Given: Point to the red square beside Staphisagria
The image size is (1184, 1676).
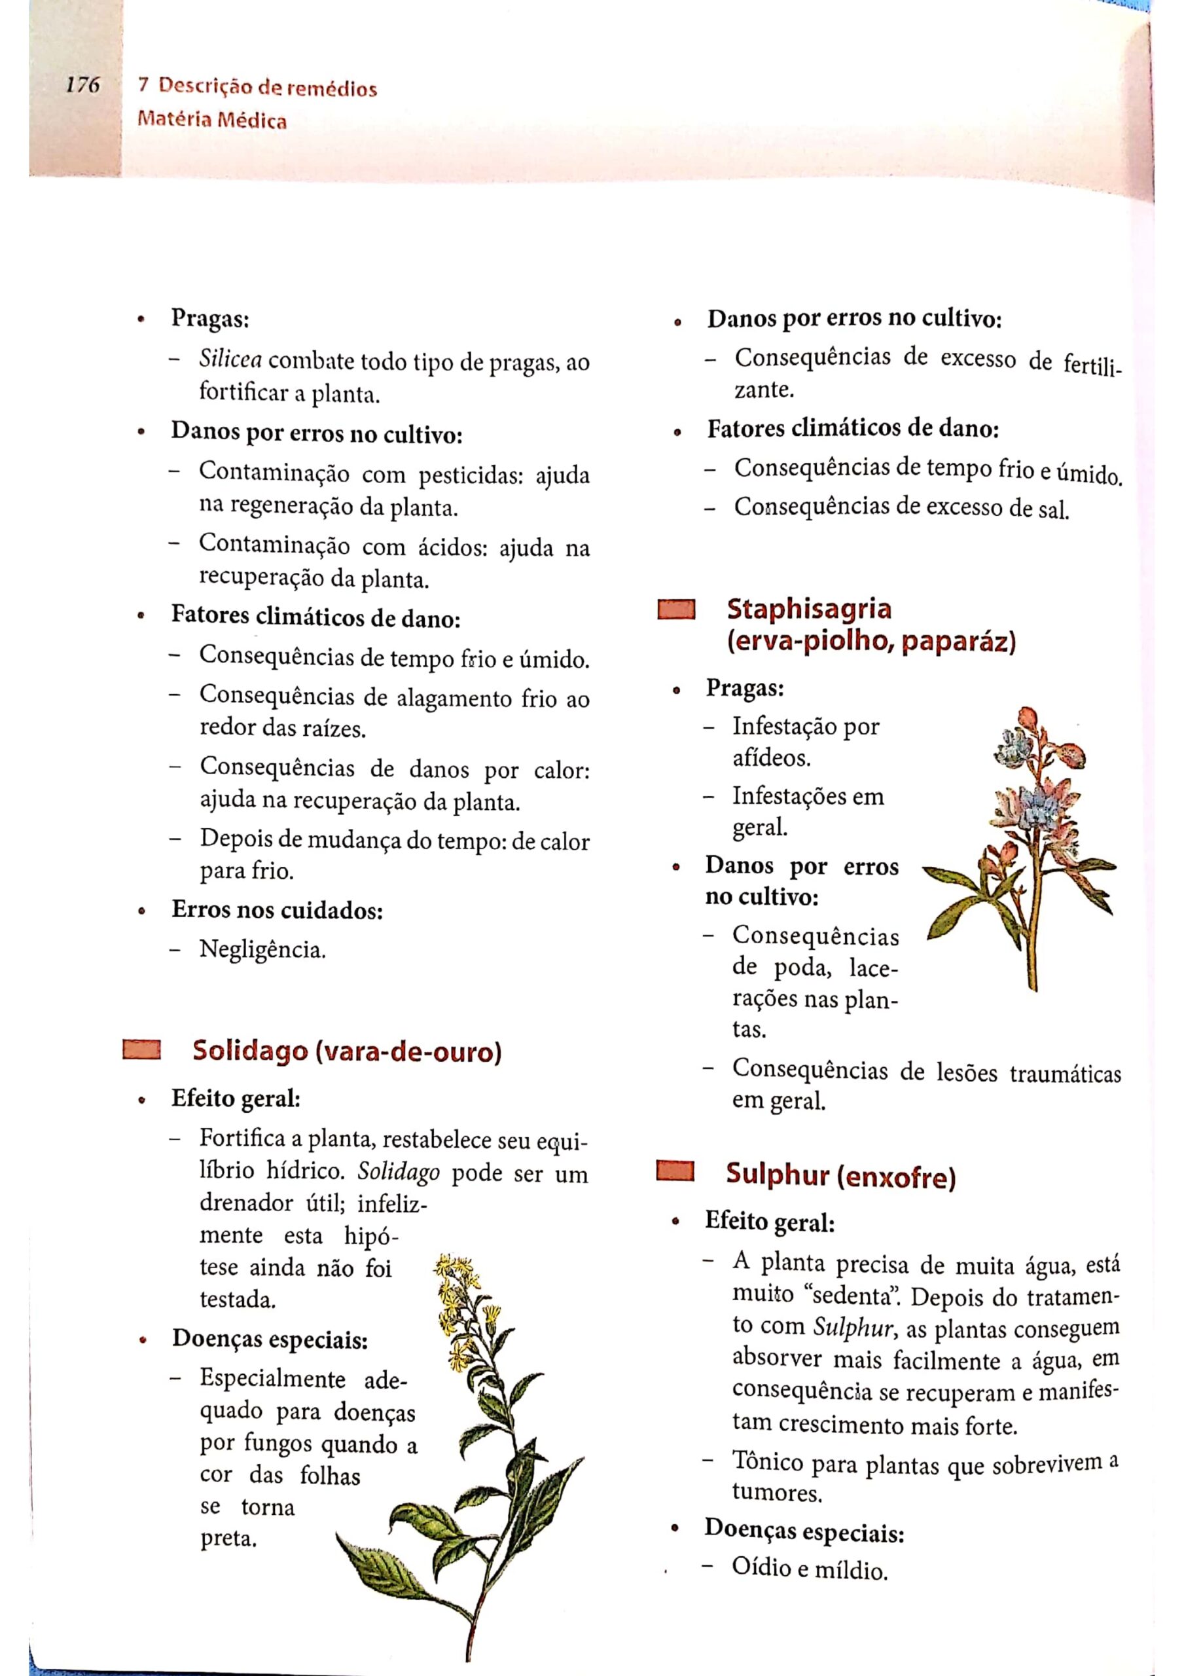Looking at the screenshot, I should point(675,610).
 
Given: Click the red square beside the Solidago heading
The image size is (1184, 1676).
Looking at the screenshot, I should point(141,1049).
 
